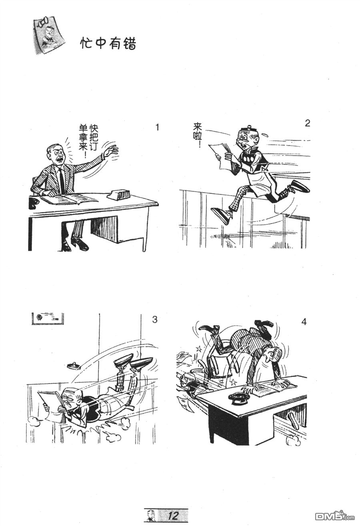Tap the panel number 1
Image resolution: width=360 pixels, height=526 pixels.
(157, 127)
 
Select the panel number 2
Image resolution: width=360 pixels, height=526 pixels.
(307, 123)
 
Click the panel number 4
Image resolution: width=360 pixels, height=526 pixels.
(304, 322)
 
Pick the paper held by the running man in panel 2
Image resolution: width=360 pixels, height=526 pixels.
(220, 154)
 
